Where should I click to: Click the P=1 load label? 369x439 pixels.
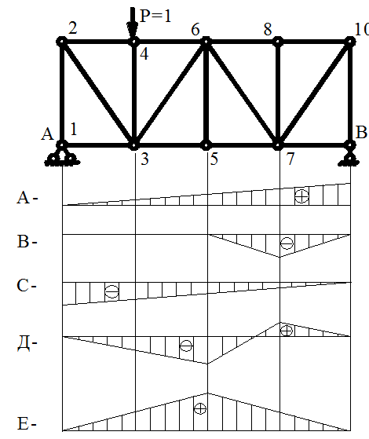(155, 16)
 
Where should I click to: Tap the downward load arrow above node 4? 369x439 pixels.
(133, 23)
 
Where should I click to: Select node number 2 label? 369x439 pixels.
(73, 28)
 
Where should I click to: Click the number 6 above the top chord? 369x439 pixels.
(195, 29)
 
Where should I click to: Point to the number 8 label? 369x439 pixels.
(268, 29)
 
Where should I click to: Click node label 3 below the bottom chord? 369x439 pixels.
(144, 159)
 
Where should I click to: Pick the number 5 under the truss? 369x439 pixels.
(214, 159)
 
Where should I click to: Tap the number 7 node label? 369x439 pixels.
(290, 159)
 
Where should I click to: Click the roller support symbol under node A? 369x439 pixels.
(62, 157)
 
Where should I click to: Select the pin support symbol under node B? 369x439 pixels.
(349, 158)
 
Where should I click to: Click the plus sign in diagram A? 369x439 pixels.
(301, 196)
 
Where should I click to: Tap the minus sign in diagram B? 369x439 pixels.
(287, 243)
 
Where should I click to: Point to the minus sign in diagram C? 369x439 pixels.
(112, 291)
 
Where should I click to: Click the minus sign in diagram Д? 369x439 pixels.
(186, 346)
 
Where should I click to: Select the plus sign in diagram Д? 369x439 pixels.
(287, 331)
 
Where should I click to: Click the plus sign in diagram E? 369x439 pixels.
(200, 408)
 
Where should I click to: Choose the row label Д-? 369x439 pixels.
(27, 343)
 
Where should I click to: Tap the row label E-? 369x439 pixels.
(27, 423)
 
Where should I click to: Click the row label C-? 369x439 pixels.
(27, 286)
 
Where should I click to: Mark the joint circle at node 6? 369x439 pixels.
(206, 42)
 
